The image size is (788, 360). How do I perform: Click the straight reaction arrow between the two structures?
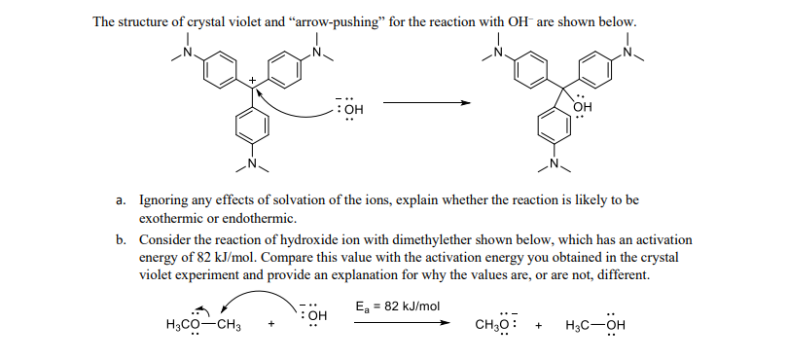(x=418, y=103)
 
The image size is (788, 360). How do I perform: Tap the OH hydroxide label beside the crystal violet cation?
(x=351, y=108)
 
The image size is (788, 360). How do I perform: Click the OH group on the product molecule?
(x=583, y=107)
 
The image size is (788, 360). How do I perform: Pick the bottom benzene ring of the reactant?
(x=252, y=126)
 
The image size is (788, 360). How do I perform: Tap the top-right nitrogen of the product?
(x=627, y=52)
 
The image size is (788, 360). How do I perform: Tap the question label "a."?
(x=122, y=199)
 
